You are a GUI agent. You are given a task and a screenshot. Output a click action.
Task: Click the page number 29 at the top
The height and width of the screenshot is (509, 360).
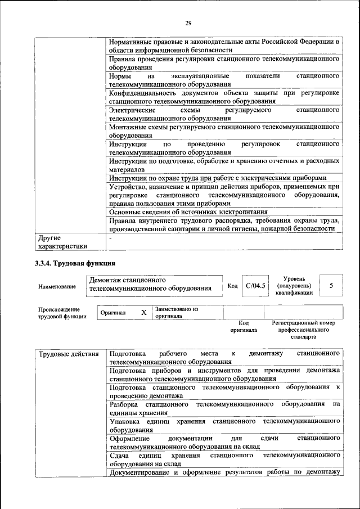click(188, 22)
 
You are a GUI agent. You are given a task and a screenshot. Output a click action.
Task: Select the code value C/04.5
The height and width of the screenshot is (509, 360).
click(255, 286)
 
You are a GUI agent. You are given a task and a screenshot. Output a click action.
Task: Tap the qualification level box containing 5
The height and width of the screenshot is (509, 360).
click(331, 286)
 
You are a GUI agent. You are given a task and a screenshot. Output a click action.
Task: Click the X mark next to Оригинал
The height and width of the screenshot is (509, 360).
click(143, 312)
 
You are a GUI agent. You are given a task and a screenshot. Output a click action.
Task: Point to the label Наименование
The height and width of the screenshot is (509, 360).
click(57, 287)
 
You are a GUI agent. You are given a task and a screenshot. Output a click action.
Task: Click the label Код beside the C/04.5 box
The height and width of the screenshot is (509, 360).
click(232, 286)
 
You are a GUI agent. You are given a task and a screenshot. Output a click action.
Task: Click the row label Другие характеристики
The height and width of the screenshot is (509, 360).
click(62, 241)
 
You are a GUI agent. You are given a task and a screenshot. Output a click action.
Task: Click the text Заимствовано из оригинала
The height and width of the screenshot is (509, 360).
click(177, 312)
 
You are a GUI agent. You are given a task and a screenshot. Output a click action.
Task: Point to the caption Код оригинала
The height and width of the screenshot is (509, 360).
click(244, 326)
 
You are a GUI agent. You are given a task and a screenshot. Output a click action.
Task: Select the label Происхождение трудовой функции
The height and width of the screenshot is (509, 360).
click(62, 313)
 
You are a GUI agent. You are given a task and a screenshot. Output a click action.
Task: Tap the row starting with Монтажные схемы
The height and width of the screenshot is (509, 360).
click(224, 131)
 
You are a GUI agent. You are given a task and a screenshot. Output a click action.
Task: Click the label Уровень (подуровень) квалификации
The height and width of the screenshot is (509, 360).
click(294, 286)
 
